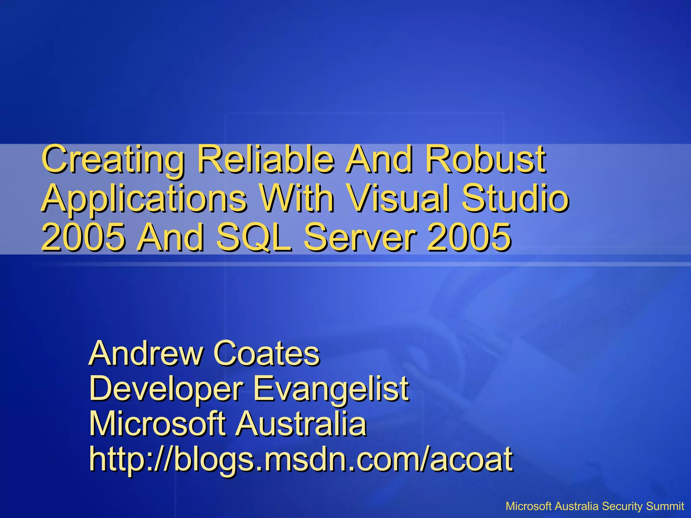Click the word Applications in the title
click(x=144, y=199)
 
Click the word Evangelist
click(x=331, y=389)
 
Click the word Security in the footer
click(x=622, y=506)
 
